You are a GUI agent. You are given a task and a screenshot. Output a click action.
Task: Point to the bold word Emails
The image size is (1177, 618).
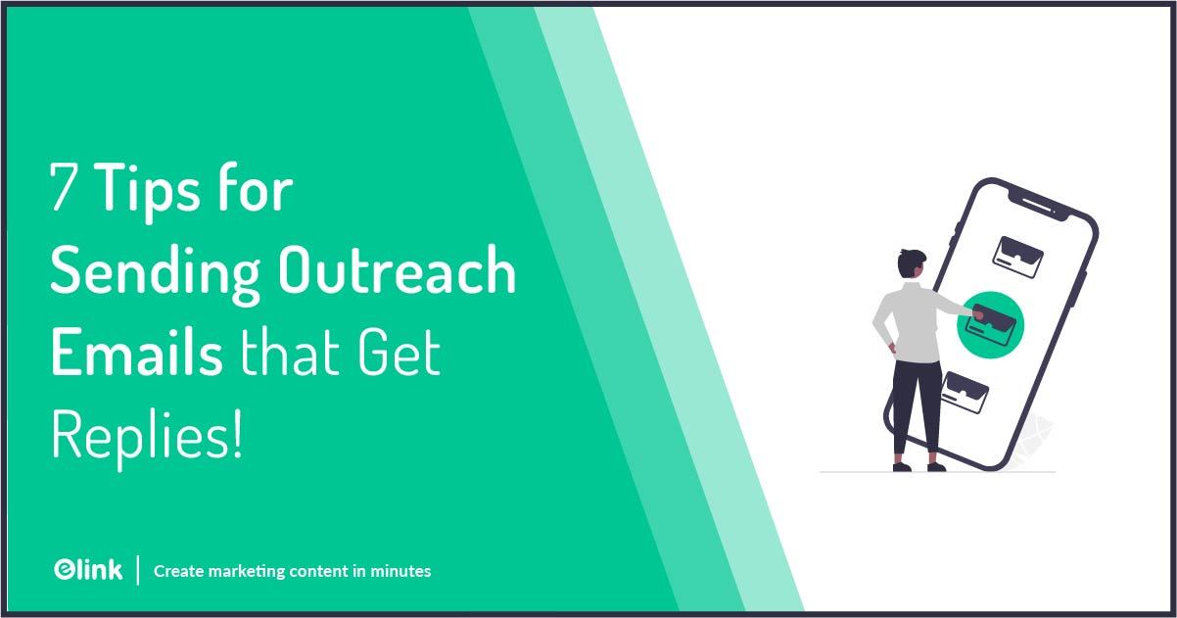pos(136,355)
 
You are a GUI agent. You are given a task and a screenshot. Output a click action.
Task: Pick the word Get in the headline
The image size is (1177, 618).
pos(400,355)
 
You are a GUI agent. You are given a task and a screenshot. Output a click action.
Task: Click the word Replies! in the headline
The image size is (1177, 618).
pos(146,437)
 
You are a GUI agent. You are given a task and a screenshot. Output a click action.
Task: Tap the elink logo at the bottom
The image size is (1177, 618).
pos(88,569)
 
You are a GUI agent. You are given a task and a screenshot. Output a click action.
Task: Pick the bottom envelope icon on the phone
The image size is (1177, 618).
pos(965,392)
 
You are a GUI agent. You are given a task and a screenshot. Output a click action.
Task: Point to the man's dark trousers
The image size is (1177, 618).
pos(917,402)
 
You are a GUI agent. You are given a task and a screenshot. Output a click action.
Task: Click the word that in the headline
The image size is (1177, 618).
pos(291,355)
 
